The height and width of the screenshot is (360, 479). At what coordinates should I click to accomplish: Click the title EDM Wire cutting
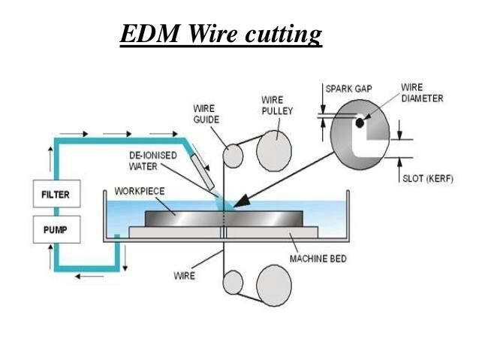tap(221, 35)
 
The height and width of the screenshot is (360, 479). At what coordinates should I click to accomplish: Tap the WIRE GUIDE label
tap(203, 114)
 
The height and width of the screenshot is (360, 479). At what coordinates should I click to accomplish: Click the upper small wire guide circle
tap(233, 156)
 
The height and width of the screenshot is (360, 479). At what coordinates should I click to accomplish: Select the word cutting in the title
tap(282, 35)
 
